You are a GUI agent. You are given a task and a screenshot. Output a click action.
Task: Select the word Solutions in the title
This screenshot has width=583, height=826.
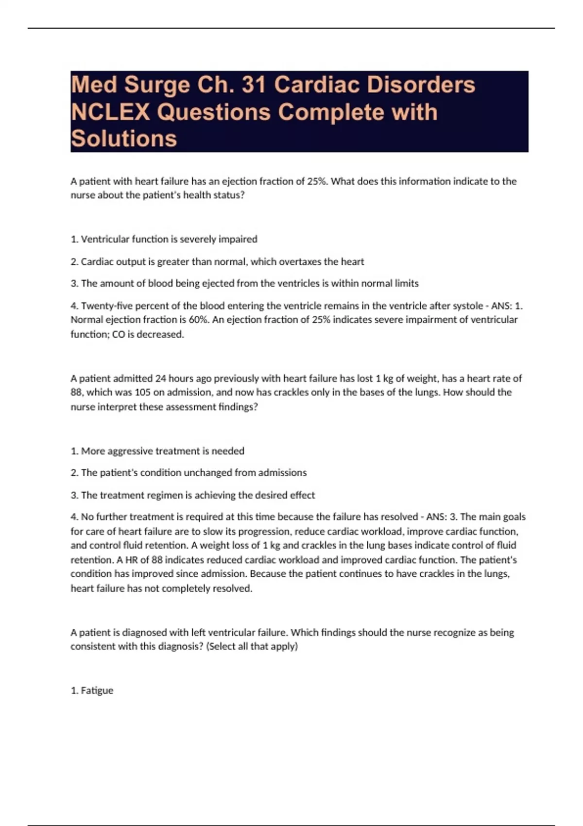click(124, 138)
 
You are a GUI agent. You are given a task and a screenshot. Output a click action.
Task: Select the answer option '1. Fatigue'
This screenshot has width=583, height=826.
click(92, 690)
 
